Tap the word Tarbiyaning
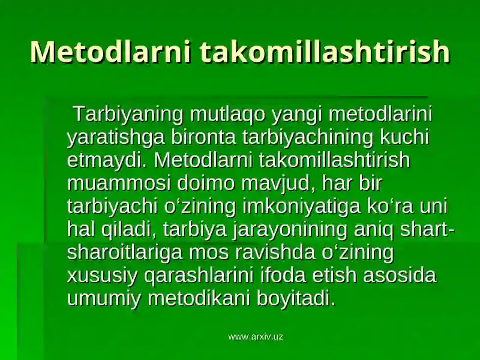tap(128, 115)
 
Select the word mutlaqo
tap(227, 115)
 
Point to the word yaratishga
tap(116, 138)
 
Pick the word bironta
tap(203, 137)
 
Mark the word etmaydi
tap(107, 160)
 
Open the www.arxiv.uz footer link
tap(256, 337)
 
